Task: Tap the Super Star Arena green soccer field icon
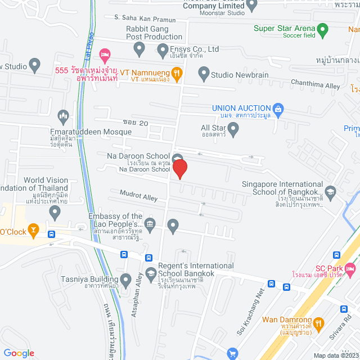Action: pyautogui.click(x=322, y=29)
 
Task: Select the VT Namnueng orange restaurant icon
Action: pyautogui.click(x=177, y=72)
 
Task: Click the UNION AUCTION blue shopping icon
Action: pyautogui.click(x=277, y=108)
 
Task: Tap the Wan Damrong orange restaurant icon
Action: pyautogui.click(x=318, y=323)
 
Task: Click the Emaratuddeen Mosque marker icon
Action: pyautogui.click(x=63, y=116)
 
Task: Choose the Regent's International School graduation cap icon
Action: pyautogui.click(x=150, y=274)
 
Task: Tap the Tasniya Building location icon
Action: pyautogui.click(x=125, y=279)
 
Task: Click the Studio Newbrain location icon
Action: pyautogui.click(x=203, y=73)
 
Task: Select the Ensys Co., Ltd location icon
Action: pyautogui.click(x=162, y=49)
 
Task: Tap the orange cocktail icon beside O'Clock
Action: pyautogui.click(x=33, y=230)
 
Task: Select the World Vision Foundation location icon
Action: pyautogui.click(x=55, y=212)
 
